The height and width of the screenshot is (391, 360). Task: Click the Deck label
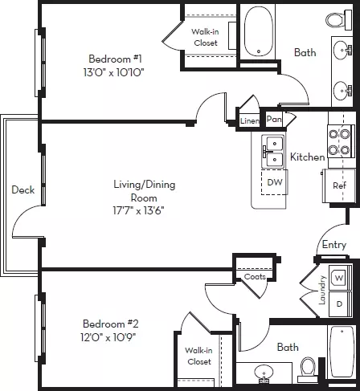click(23, 189)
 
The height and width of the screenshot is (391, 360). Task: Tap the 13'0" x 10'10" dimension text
click(113, 72)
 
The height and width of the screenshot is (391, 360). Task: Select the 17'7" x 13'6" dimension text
click(138, 210)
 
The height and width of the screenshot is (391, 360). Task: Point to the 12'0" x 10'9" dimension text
click(108, 337)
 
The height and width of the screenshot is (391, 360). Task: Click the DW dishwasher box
click(275, 182)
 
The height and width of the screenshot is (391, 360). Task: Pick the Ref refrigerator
click(339, 185)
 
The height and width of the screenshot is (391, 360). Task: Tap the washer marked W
click(339, 278)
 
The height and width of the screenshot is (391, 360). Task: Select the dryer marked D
click(340, 304)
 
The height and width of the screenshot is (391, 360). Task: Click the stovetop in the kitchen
click(339, 141)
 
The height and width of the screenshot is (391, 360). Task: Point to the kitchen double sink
click(272, 152)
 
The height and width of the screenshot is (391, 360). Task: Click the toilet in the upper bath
click(338, 19)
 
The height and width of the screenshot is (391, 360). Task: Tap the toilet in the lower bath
click(308, 369)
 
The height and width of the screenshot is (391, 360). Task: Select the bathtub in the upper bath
click(259, 31)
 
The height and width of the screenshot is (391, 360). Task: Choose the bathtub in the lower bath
click(342, 352)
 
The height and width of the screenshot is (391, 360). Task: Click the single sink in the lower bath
click(264, 373)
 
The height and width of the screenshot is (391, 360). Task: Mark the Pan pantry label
click(274, 119)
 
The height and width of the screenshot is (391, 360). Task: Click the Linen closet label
click(249, 121)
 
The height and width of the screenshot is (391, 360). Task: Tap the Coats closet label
click(255, 276)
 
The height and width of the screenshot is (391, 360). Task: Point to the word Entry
click(334, 245)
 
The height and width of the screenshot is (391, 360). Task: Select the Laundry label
click(322, 290)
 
